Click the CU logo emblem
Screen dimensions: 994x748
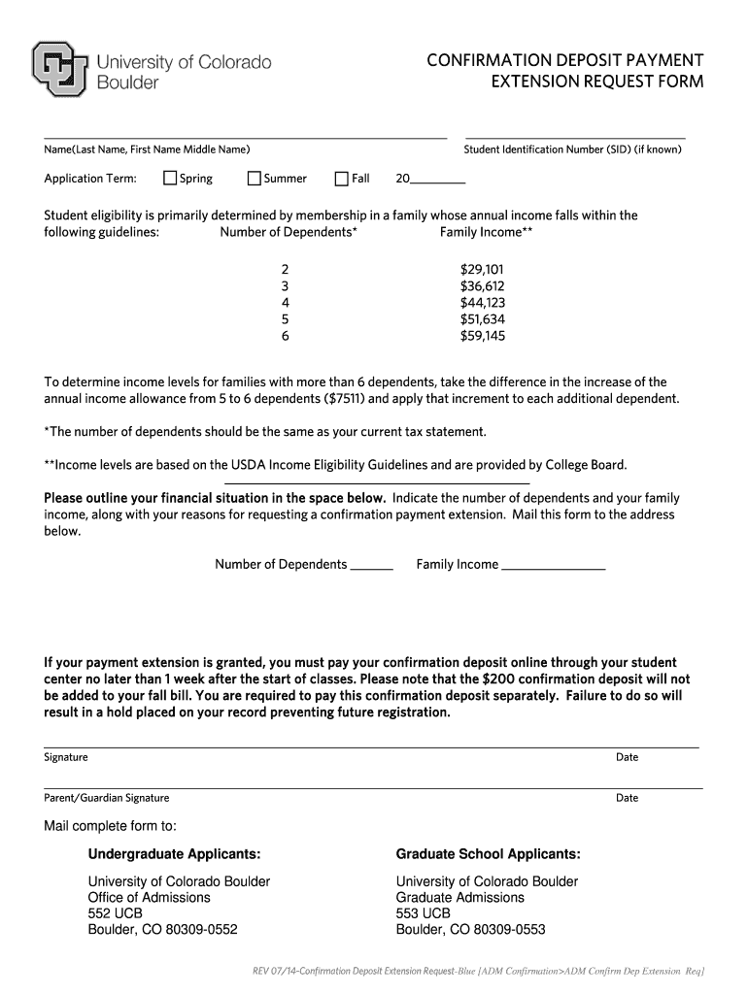coord(61,69)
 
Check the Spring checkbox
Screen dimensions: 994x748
coord(170,179)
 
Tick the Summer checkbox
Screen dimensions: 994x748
coord(255,179)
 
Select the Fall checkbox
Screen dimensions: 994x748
coord(342,179)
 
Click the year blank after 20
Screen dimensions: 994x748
coord(438,179)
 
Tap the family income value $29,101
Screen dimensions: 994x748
coord(482,270)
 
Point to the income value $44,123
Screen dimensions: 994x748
coord(482,303)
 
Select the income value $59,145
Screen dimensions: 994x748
coord(482,336)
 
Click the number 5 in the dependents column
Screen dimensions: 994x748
coord(285,319)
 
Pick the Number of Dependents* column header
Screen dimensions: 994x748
coord(289,232)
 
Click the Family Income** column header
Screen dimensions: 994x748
coord(486,232)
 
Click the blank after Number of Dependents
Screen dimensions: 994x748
coord(371,565)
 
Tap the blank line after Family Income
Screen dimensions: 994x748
coord(553,565)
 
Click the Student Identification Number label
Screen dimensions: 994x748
coord(572,149)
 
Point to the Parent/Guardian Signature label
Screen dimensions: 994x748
coord(107,798)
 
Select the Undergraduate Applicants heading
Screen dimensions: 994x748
coord(174,854)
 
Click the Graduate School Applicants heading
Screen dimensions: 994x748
coord(488,854)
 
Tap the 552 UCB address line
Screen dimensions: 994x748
coord(115,913)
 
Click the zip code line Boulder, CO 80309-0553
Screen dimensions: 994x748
coord(470,930)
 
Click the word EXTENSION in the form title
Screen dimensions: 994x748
coord(532,83)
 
